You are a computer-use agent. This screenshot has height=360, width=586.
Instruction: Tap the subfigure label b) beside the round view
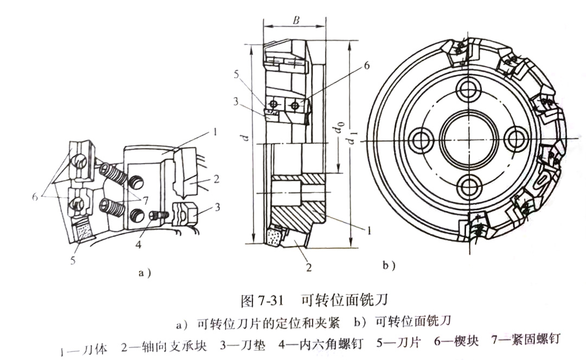[x=389, y=266]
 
